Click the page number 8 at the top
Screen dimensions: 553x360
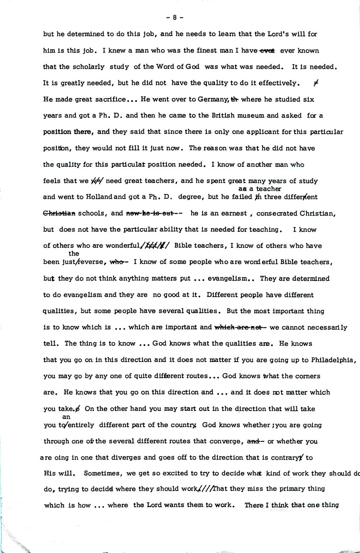tap(175, 18)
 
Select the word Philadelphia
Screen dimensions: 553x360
tap(332, 360)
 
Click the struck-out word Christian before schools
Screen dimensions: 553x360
tap(59, 213)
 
